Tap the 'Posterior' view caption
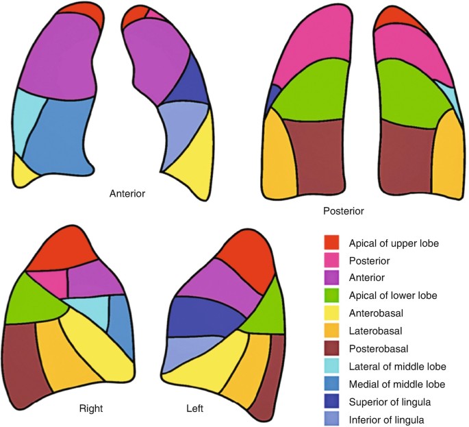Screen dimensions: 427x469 (344, 210)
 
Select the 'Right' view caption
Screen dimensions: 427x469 (90, 408)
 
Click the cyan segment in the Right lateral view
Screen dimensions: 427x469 (88, 312)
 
